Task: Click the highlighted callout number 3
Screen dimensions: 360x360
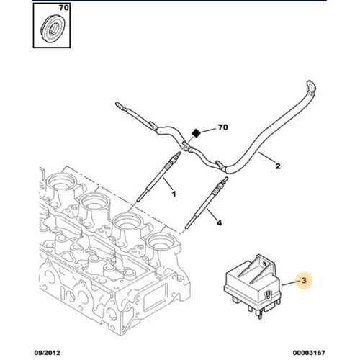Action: point(304,280)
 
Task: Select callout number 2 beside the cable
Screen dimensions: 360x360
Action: point(278,166)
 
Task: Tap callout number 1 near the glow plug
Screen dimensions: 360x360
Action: point(174,194)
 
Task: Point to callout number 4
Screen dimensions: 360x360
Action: point(219,222)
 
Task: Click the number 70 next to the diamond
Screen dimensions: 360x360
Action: point(222,127)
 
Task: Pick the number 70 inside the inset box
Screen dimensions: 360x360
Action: point(64,8)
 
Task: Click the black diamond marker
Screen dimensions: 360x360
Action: point(197,133)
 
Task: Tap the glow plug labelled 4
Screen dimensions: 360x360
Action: point(207,203)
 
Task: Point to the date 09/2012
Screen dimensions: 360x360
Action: point(47,353)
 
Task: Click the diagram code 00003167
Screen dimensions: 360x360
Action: point(309,353)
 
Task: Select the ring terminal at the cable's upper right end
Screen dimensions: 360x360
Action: point(310,86)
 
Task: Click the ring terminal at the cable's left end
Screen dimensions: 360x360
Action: point(120,106)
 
